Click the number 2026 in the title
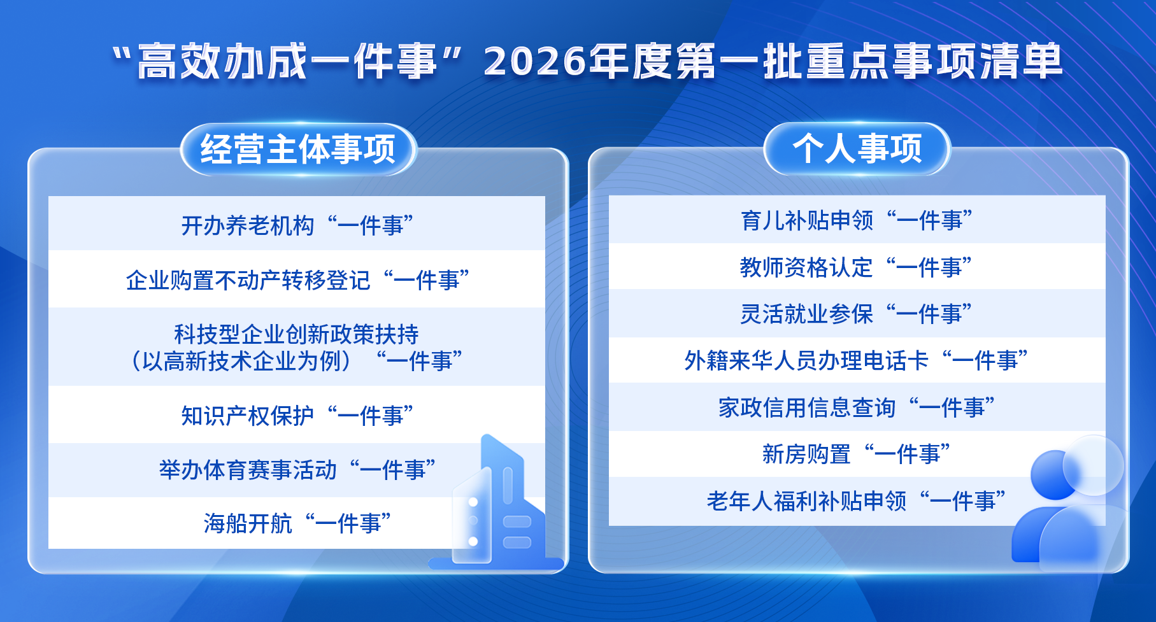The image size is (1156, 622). [534, 62]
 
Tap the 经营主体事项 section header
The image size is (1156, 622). [298, 150]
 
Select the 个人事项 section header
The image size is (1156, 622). [857, 149]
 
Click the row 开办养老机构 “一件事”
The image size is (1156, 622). [297, 225]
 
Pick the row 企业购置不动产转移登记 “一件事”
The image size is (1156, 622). [297, 280]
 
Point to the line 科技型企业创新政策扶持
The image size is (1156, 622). [297, 334]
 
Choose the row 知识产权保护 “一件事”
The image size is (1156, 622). [297, 416]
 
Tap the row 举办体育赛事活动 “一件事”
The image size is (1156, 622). [297, 470]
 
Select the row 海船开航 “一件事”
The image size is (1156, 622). [297, 523]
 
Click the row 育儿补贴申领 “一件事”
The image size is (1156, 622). [857, 220]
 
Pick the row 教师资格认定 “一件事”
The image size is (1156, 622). [857, 267]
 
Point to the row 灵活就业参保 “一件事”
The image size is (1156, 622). [857, 314]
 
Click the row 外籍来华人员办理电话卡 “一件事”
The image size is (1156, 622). [857, 360]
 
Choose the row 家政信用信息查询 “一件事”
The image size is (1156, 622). [857, 407]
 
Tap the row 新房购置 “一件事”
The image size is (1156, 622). [857, 454]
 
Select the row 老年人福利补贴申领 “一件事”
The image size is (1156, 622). [857, 501]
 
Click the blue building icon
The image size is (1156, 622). [497, 506]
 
